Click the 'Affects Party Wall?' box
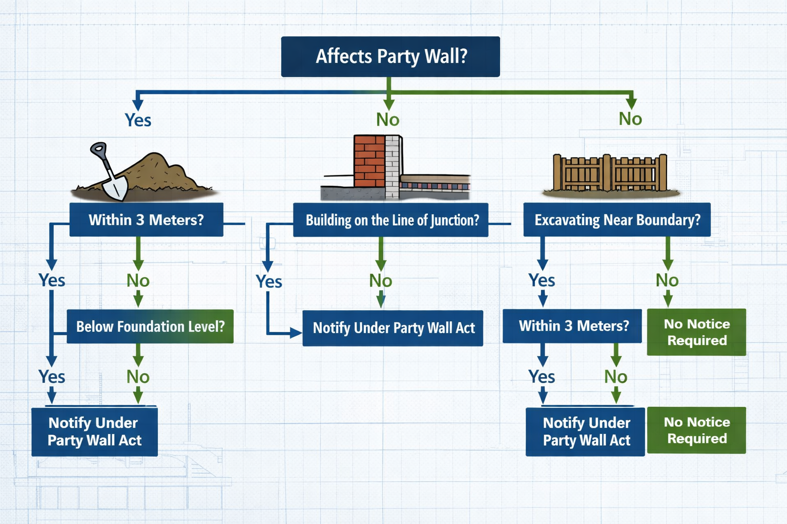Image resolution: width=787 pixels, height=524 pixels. [x=390, y=56]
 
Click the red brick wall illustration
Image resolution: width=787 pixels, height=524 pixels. [x=369, y=161]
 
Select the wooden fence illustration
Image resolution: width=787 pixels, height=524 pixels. [x=610, y=173]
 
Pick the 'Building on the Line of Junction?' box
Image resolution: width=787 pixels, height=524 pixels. [x=390, y=220]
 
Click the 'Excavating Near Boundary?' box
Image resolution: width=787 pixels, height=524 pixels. [x=617, y=220]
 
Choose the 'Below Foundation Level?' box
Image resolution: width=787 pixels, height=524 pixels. [x=150, y=326]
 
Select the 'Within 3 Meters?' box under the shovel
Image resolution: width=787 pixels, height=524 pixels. [x=146, y=220]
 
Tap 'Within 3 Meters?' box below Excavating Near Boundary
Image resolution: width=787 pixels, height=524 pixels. [x=572, y=326]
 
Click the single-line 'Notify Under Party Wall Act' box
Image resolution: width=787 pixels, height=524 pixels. [x=393, y=328]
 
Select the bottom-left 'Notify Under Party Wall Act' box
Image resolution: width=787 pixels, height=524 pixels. [x=94, y=431]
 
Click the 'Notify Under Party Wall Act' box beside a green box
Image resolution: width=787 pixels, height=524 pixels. [x=585, y=431]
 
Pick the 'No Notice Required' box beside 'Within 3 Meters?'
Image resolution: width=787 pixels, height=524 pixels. [x=696, y=332]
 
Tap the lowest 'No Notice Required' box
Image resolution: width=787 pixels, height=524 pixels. [x=696, y=430]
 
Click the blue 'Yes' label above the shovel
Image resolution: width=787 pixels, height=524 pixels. [x=138, y=120]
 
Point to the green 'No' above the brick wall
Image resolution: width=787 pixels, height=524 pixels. [x=388, y=120]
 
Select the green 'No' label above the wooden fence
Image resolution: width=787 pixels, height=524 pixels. [x=630, y=119]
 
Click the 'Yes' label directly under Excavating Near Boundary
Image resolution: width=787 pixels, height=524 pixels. [x=542, y=280]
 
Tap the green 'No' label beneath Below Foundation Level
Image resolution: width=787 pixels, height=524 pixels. [x=138, y=377]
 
